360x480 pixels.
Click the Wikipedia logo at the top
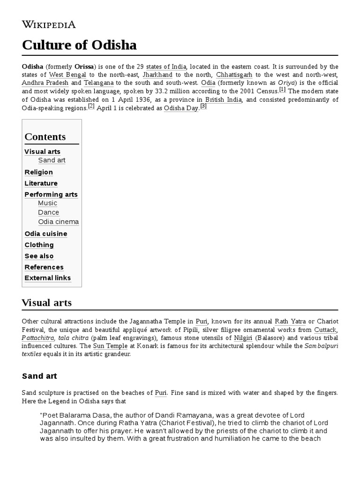tap(49, 24)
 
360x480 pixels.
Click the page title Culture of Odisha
tap(79, 45)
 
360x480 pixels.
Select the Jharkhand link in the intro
tap(157, 75)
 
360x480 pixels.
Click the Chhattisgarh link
tap(233, 75)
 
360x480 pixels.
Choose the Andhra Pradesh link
tap(45, 82)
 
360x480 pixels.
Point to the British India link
tap(223, 99)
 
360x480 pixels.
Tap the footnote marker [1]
tap(282, 89)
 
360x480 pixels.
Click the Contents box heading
tap(45, 137)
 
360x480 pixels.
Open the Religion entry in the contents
tap(38, 172)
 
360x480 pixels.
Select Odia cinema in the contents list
tap(59, 222)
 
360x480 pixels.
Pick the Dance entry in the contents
tap(49, 212)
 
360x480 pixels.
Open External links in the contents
tap(48, 278)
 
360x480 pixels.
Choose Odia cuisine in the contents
tap(46, 233)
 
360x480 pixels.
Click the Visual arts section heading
tap(47, 303)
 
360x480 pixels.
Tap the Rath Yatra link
tap(290, 322)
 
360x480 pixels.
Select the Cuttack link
tap(325, 330)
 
